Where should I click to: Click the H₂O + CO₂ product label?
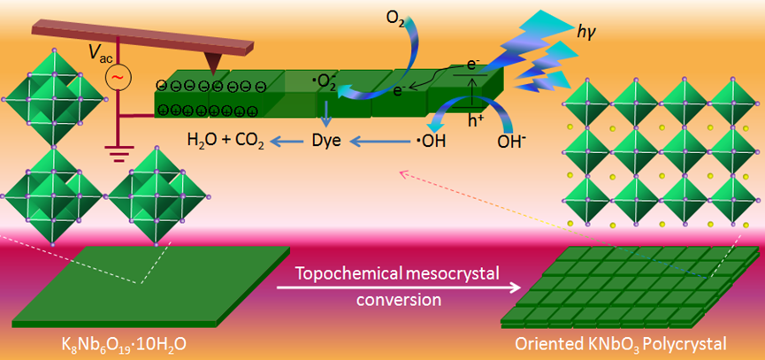226,140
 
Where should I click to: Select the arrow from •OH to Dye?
380,140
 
